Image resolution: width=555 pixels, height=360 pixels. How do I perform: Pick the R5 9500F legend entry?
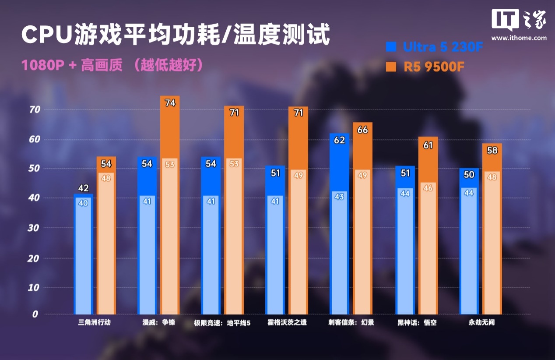(x=425, y=67)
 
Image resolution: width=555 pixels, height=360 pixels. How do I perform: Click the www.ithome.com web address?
(x=519, y=38)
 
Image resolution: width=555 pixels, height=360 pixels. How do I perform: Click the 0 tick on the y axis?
(x=35, y=314)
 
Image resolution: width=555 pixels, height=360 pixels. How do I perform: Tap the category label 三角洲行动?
(x=91, y=323)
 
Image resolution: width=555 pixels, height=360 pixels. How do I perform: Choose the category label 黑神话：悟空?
(x=417, y=323)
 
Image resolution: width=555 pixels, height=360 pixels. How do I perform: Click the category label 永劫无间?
(x=481, y=323)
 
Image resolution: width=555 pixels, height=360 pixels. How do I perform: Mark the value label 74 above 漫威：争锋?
(x=170, y=103)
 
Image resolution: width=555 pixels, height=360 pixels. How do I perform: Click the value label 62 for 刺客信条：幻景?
(x=339, y=141)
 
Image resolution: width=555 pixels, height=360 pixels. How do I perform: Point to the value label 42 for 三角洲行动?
(x=83, y=189)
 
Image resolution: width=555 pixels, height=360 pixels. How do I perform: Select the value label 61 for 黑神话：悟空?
(x=428, y=145)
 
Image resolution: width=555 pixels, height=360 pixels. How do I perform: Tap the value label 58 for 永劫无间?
(x=492, y=151)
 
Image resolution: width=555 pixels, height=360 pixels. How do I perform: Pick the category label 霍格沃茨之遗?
(x=287, y=323)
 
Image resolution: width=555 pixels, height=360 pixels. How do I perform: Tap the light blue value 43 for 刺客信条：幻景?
(x=339, y=197)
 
